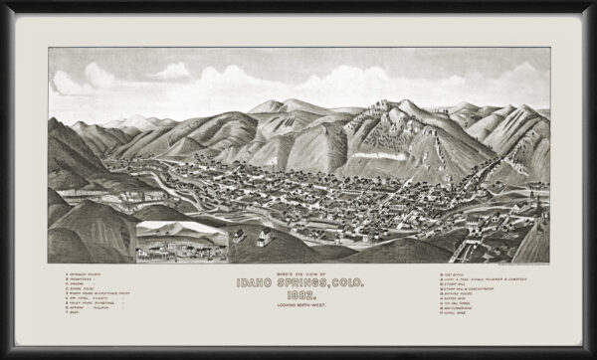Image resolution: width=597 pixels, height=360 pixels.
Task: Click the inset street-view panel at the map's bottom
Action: tap(182, 242)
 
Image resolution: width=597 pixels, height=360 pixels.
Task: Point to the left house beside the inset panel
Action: tap(240, 237)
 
